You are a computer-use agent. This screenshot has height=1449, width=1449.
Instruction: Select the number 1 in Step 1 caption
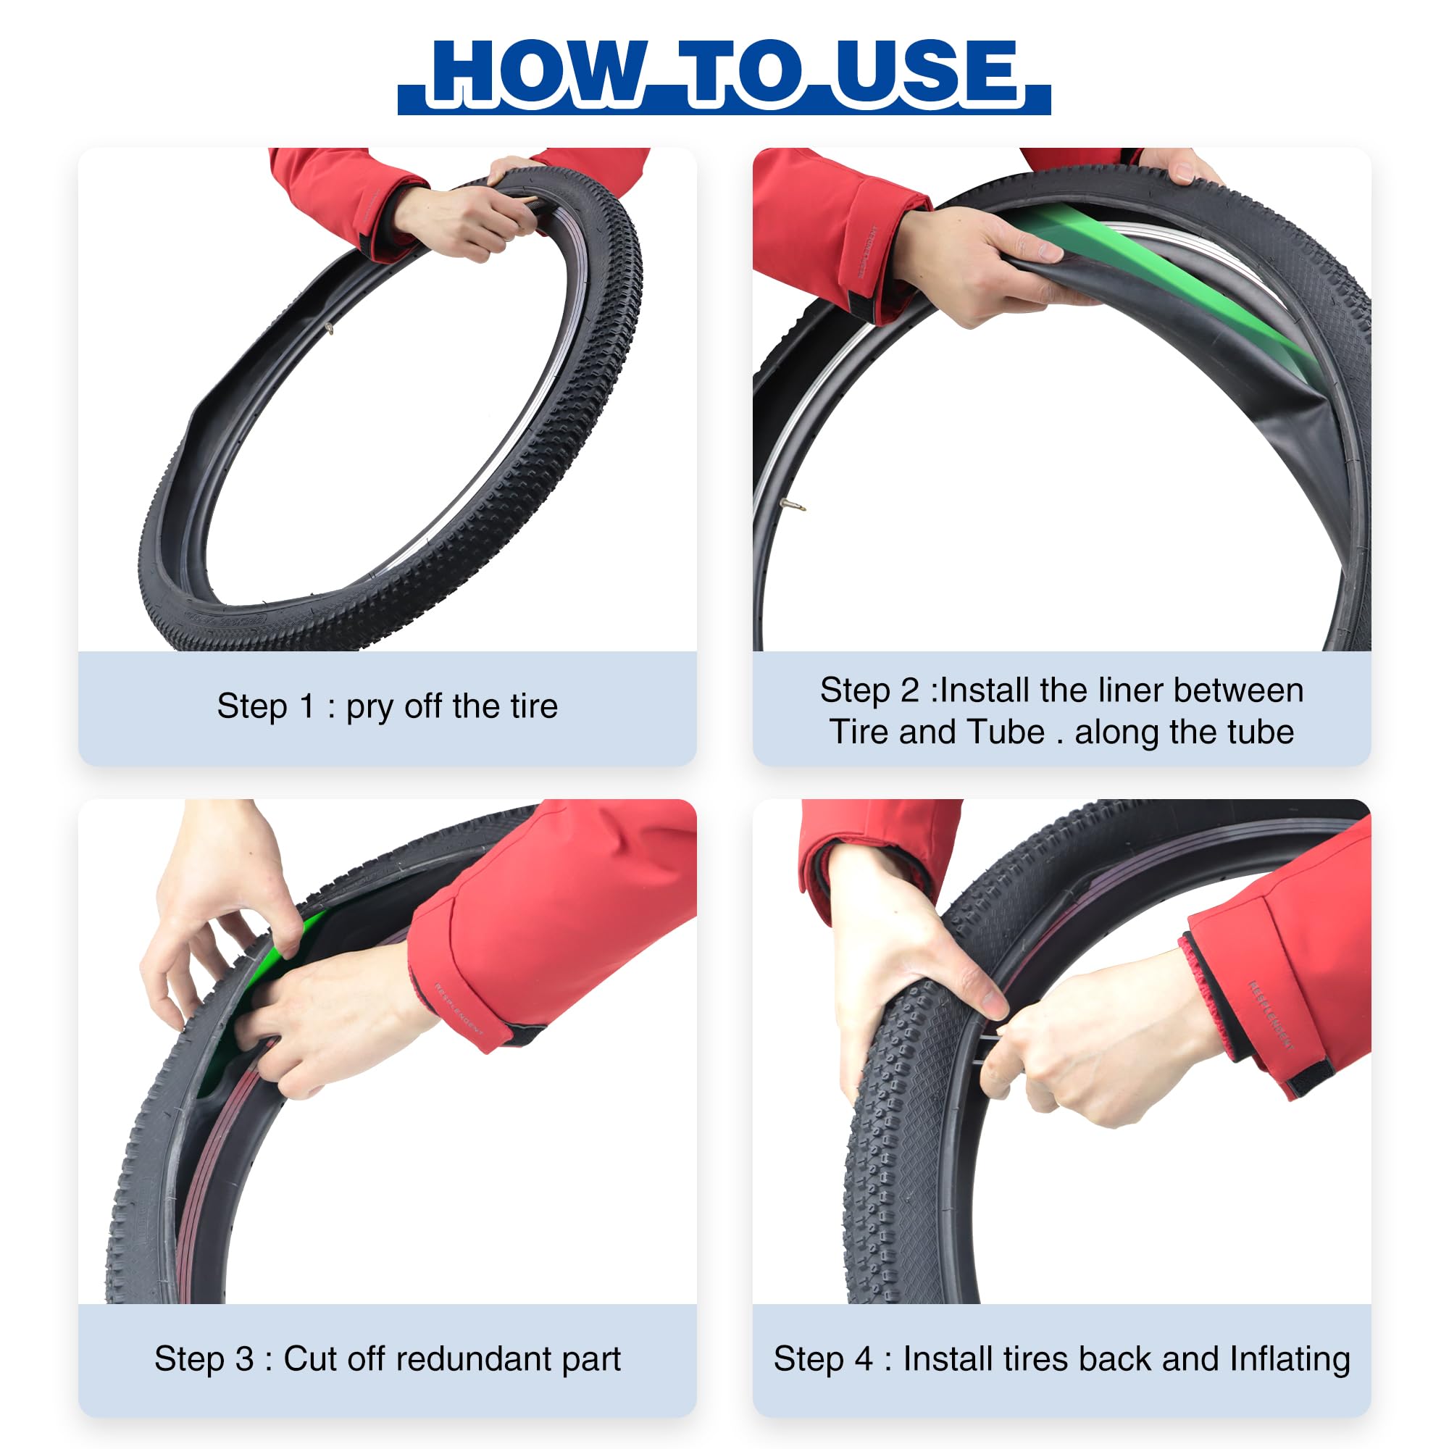(306, 706)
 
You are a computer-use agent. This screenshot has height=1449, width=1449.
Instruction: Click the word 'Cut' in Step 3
(306, 1359)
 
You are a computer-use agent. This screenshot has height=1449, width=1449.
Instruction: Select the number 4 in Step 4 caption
(864, 1359)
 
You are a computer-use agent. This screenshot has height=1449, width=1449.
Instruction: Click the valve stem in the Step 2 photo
(793, 505)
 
